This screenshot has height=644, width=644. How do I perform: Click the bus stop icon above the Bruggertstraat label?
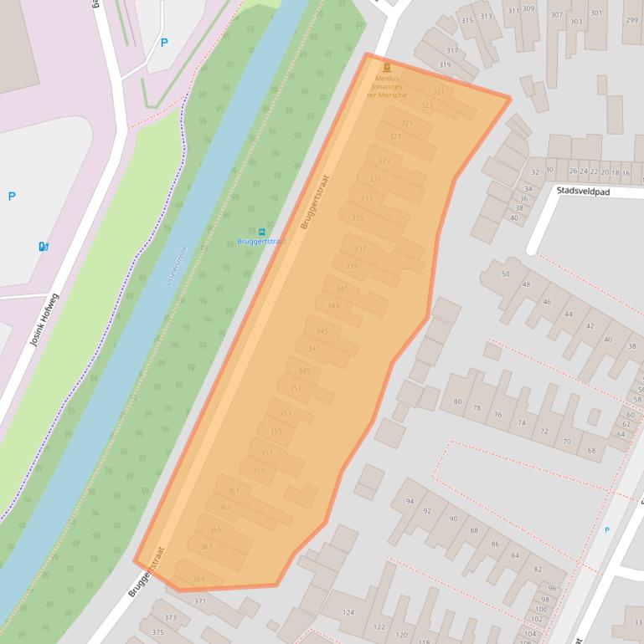point(262,232)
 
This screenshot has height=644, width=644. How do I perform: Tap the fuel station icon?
point(44,246)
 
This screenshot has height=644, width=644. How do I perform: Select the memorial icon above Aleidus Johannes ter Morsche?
point(386,68)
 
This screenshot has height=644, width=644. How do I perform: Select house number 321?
point(438,92)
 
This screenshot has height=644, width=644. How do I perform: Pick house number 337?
point(360,248)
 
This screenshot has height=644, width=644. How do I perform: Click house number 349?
point(304,371)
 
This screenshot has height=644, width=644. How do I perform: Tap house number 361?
point(234,490)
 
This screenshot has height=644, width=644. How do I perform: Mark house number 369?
point(198,580)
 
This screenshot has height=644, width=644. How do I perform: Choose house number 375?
point(157,632)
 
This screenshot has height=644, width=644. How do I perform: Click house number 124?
point(348,612)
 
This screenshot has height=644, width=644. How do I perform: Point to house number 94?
point(410,501)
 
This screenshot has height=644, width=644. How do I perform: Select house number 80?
point(457,402)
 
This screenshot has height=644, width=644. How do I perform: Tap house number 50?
point(505,273)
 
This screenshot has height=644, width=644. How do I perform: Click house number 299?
point(631,20)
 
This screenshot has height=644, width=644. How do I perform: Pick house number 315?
point(467,20)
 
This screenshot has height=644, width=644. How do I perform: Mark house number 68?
point(591,451)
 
